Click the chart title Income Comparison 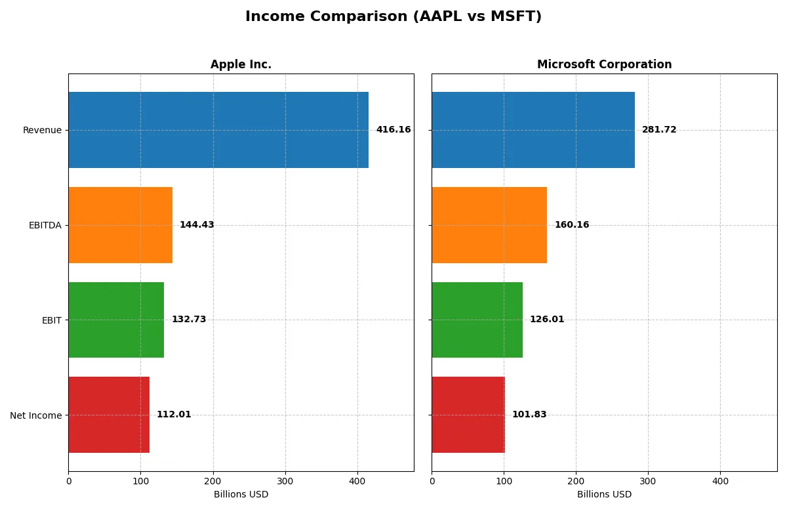393,16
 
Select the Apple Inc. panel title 241,64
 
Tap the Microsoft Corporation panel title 604,64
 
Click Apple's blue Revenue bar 218,130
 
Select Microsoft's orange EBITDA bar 489,225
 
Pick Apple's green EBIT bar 116,320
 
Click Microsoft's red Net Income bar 468,415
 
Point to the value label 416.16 393,130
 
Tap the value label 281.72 659,130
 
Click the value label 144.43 197,225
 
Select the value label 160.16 572,225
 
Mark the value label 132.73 189,320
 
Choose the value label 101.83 529,415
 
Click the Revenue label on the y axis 42,130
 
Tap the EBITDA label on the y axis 45,225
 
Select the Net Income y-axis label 36,415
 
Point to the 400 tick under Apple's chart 357,481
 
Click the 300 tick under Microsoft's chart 648,481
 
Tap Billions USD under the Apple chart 241,495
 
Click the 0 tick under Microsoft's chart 432,481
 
